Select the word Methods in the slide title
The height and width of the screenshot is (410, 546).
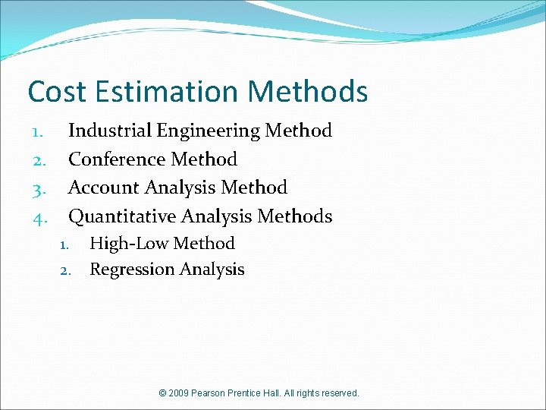[308, 92]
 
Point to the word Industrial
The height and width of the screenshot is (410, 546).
[110, 131]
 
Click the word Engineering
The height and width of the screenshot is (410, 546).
[209, 131]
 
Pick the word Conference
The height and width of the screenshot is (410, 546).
[118, 159]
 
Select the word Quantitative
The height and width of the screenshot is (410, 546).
[122, 216]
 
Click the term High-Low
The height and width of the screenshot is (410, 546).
[125, 244]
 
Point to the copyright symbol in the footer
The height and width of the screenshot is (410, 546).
[163, 393]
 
